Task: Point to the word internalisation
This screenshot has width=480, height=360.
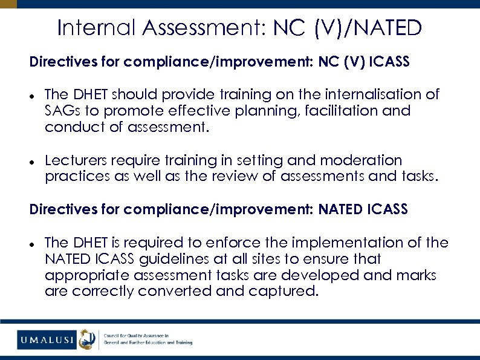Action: point(370,94)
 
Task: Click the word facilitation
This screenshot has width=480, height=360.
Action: point(334,111)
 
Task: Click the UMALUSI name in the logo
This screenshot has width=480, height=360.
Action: point(47,339)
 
